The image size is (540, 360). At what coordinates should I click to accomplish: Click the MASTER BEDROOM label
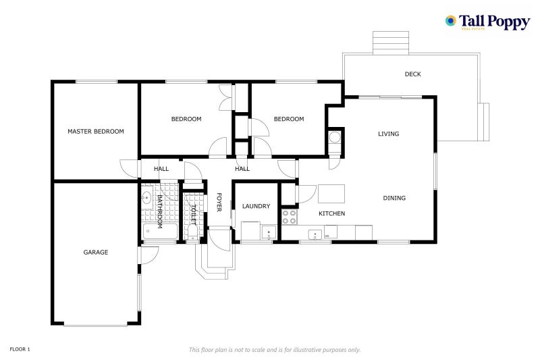[x=95, y=131]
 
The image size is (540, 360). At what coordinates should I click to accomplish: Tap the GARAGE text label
[x=95, y=252]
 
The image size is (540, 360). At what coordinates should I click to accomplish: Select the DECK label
[x=412, y=74]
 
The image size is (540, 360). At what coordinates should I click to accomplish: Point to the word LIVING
[x=388, y=134]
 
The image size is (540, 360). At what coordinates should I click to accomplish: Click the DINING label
[x=394, y=198]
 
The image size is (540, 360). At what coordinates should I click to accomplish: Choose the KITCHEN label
[x=331, y=213]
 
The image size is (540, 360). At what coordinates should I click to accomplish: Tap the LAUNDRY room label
[x=256, y=206]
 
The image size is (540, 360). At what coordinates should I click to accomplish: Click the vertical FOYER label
[x=219, y=202]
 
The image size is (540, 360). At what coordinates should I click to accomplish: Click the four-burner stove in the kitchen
[x=289, y=217]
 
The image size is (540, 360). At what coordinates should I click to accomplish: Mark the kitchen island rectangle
[x=331, y=194]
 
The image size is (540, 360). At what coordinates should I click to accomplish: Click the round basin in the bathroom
[x=146, y=198]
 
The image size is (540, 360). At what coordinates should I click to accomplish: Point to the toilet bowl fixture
[x=193, y=234]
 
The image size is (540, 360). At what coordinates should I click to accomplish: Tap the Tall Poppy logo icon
[x=450, y=21]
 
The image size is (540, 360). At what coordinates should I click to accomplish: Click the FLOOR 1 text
[x=20, y=349]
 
